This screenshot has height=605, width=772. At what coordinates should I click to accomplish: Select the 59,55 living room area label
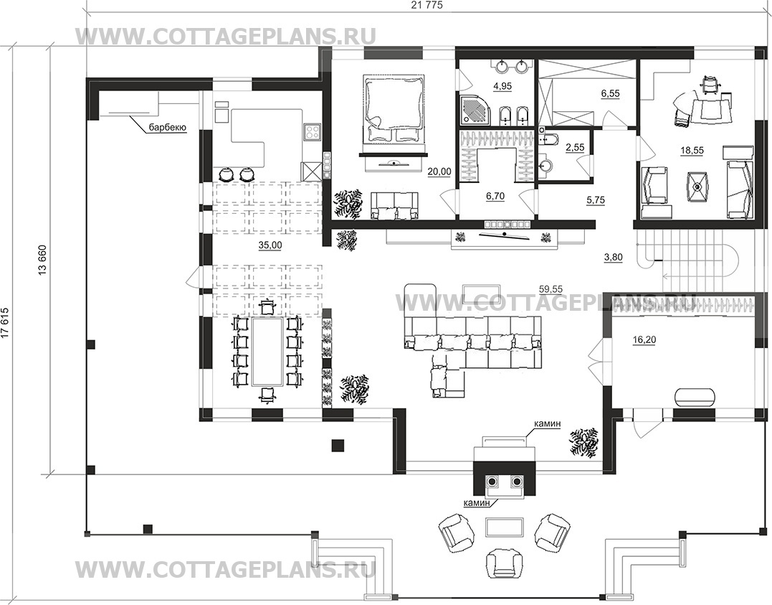551,289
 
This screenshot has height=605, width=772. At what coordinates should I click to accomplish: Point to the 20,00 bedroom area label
440,172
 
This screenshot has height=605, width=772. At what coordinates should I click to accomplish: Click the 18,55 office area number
692,151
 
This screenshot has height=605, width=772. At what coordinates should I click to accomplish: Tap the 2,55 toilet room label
575,147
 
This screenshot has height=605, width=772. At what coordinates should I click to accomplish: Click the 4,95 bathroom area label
502,86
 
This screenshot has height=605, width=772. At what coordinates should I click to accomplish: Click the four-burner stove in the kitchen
312,131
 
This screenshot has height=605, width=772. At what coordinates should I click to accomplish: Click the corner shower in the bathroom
472,109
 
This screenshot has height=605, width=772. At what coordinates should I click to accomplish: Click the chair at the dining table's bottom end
267,395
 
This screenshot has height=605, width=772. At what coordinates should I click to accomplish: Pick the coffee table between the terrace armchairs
504,527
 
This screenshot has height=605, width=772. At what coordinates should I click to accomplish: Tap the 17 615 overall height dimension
6,324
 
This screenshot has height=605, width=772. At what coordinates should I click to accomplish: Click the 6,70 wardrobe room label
495,196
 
